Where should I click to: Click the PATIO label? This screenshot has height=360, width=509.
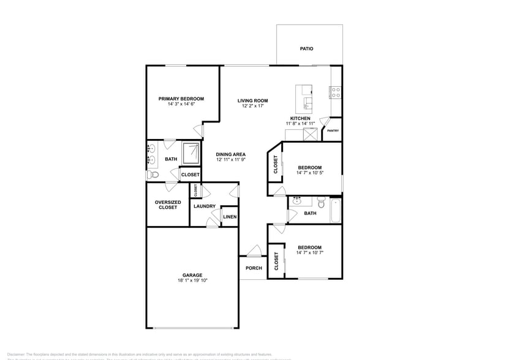[306, 48]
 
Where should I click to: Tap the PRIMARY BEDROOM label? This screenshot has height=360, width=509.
[181, 99]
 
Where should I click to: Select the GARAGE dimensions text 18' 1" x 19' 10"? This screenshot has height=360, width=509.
[192, 281]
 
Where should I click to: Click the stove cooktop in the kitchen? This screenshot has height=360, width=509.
[336, 92]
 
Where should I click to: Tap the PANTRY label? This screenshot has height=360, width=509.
[333, 130]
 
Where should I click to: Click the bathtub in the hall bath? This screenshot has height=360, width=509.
[335, 211]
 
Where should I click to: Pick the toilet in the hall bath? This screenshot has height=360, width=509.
[321, 201]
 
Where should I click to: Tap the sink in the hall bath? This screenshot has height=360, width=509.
[297, 200]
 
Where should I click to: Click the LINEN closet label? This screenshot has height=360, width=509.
[230, 217]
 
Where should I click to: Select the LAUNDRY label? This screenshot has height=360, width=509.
[204, 206]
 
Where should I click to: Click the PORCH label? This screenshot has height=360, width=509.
[254, 268]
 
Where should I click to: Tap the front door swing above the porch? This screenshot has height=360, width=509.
[255, 252]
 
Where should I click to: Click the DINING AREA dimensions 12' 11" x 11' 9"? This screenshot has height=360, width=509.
[231, 160]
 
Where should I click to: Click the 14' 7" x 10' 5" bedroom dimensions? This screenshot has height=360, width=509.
[309, 173]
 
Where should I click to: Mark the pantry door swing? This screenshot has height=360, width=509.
[325, 122]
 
